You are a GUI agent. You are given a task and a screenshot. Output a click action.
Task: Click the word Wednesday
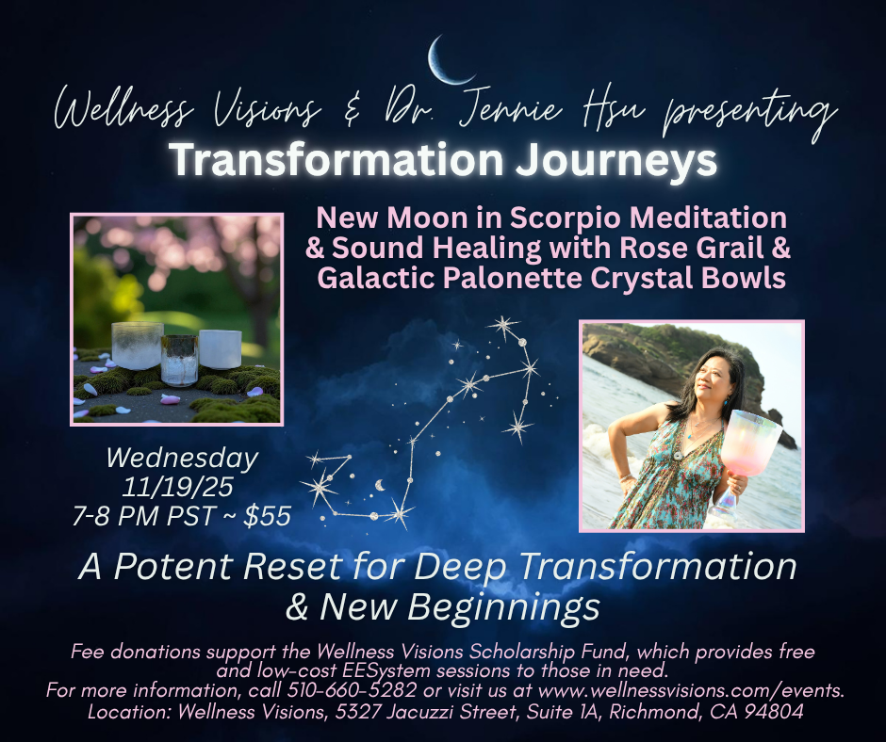[x=182, y=459]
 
